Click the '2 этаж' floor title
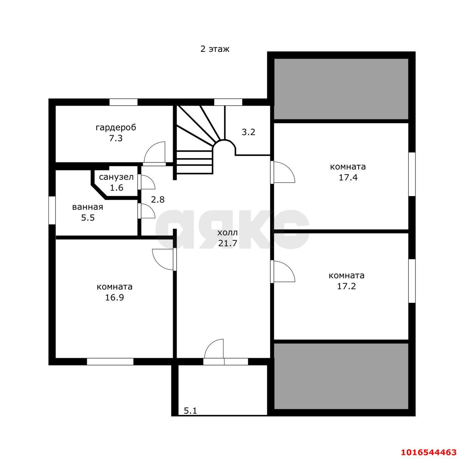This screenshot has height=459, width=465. (215, 49)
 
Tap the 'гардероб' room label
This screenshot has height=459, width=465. (116, 127)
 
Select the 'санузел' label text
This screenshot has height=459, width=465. (116, 177)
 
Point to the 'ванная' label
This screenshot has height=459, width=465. (87, 207)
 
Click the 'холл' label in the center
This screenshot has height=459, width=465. (227, 233)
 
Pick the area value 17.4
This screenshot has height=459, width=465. (348, 177)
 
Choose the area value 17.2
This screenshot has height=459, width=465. (346, 286)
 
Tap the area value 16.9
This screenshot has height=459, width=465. (114, 297)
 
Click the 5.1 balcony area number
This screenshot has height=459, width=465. (190, 410)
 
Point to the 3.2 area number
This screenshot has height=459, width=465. (248, 132)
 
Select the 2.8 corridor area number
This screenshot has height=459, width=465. (158, 199)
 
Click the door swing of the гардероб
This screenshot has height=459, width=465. (155, 153)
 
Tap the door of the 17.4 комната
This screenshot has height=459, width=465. (283, 172)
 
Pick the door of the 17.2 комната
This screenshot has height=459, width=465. (283, 272)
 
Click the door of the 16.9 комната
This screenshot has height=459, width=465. (163, 260)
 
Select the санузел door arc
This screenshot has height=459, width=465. (148, 182)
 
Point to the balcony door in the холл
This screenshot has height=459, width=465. (214, 349)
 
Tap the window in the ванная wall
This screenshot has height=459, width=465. (52, 210)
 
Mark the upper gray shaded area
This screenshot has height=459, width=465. (341, 89)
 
